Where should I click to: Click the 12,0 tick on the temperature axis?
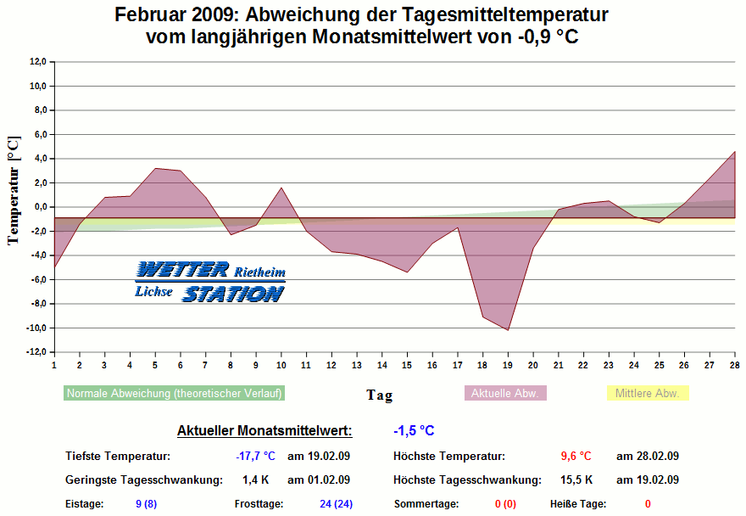(x=36, y=61)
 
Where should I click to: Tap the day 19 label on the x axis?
(x=508, y=365)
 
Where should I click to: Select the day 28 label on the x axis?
(x=734, y=365)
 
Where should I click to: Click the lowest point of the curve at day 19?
(x=508, y=330)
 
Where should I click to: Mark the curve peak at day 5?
(x=154, y=168)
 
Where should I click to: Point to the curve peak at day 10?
(x=281, y=188)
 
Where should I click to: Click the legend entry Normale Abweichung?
(x=174, y=394)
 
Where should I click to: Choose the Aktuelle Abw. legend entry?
(x=504, y=394)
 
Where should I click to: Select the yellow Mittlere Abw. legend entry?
(x=648, y=394)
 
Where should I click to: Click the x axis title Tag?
(x=379, y=395)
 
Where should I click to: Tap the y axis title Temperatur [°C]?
(x=13, y=189)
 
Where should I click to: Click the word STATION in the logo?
(x=233, y=294)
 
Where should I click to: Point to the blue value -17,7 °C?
(x=255, y=457)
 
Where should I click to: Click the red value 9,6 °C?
(x=576, y=457)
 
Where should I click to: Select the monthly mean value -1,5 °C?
(x=414, y=431)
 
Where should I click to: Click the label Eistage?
(x=85, y=504)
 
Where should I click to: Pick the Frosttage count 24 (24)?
(x=336, y=504)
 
